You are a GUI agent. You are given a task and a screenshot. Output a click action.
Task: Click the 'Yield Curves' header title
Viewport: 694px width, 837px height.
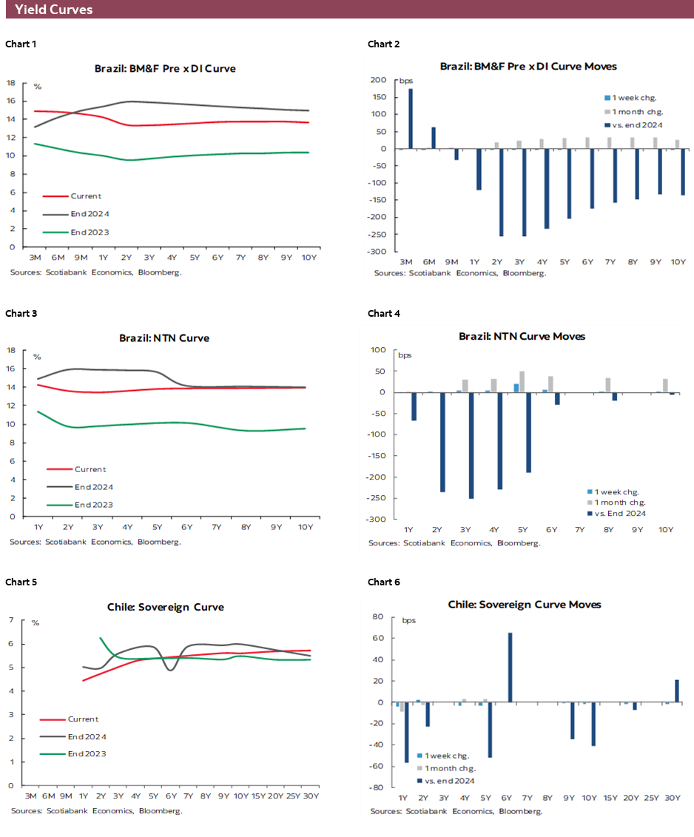[53, 10]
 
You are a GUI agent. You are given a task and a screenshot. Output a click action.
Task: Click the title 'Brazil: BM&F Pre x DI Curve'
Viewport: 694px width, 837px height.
[165, 68]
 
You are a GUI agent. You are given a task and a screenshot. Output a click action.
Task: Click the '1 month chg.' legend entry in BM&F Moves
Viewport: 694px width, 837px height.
[633, 111]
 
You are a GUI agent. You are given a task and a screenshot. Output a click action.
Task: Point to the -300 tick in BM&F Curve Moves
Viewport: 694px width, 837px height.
[377, 252]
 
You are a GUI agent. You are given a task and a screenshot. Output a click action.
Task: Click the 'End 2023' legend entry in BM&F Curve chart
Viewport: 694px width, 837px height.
[86, 232]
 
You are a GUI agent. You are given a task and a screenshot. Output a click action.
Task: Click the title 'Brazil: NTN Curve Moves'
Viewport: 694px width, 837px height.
[522, 336]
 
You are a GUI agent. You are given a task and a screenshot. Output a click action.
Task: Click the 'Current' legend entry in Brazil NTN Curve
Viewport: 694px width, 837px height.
[90, 469]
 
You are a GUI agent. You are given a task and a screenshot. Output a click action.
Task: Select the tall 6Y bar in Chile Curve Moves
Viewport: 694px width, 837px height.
[511, 667]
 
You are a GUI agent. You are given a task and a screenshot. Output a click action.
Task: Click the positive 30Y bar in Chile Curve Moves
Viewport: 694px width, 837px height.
[677, 691]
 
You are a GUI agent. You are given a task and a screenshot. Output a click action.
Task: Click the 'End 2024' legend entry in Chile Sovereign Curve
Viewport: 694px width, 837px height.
[87, 736]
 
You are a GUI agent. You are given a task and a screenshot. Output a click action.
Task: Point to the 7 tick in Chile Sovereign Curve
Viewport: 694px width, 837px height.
[10, 620]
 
